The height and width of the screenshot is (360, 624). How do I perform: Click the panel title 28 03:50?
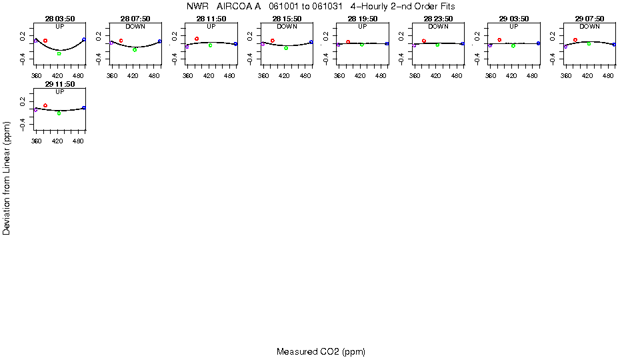(60, 19)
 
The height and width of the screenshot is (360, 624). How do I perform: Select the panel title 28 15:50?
(287, 19)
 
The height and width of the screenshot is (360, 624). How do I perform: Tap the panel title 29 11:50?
(60, 85)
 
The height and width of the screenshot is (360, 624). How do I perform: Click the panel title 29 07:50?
(589, 19)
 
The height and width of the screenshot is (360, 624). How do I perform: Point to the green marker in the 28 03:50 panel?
(59, 53)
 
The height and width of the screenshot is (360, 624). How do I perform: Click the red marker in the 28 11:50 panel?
(197, 39)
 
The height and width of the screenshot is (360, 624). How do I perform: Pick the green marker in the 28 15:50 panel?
(286, 48)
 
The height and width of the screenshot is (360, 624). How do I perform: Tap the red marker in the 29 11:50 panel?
(45, 105)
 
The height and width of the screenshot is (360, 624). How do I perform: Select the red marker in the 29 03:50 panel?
(499, 40)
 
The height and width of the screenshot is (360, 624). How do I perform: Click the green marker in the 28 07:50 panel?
(135, 49)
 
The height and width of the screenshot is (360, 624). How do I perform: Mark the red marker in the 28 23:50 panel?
(424, 41)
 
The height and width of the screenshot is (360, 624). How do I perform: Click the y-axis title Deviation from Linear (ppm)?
(7, 178)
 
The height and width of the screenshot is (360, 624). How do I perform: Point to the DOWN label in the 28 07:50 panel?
(135, 26)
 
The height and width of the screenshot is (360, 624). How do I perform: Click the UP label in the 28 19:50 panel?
(362, 26)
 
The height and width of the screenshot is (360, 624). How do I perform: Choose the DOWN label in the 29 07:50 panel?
(589, 26)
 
